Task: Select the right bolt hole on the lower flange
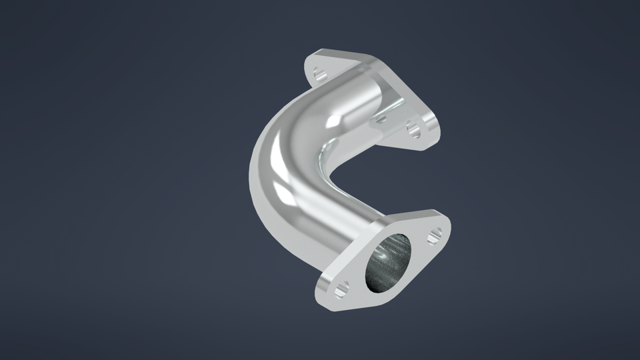435,234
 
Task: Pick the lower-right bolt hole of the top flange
414,128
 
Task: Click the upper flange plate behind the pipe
393,100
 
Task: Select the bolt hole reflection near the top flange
380,119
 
